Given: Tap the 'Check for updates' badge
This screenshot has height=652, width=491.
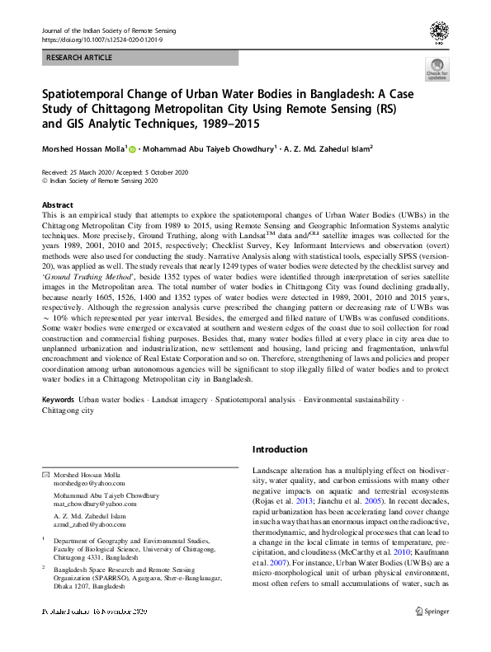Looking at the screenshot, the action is [x=437, y=70].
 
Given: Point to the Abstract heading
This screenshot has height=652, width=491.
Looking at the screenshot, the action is [x=57, y=204].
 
